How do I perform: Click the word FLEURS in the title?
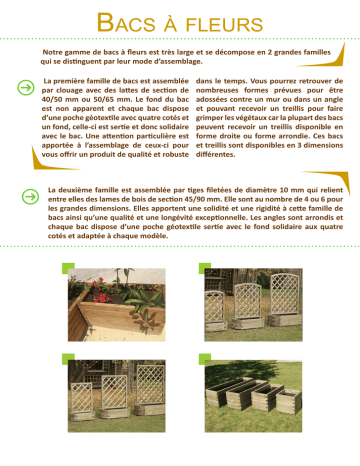(x=225, y=25)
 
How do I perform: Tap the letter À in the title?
(x=170, y=23)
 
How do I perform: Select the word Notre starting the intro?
(x=52, y=52)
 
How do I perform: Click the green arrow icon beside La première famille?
(x=26, y=87)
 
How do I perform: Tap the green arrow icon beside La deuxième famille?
(x=30, y=196)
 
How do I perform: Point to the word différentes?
(x=215, y=154)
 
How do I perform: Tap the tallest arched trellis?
(x=286, y=294)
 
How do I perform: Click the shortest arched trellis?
(x=215, y=307)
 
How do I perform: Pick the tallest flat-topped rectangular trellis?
(x=150, y=384)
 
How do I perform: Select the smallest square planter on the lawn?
(x=289, y=401)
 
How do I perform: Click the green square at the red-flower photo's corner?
(x=68, y=268)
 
